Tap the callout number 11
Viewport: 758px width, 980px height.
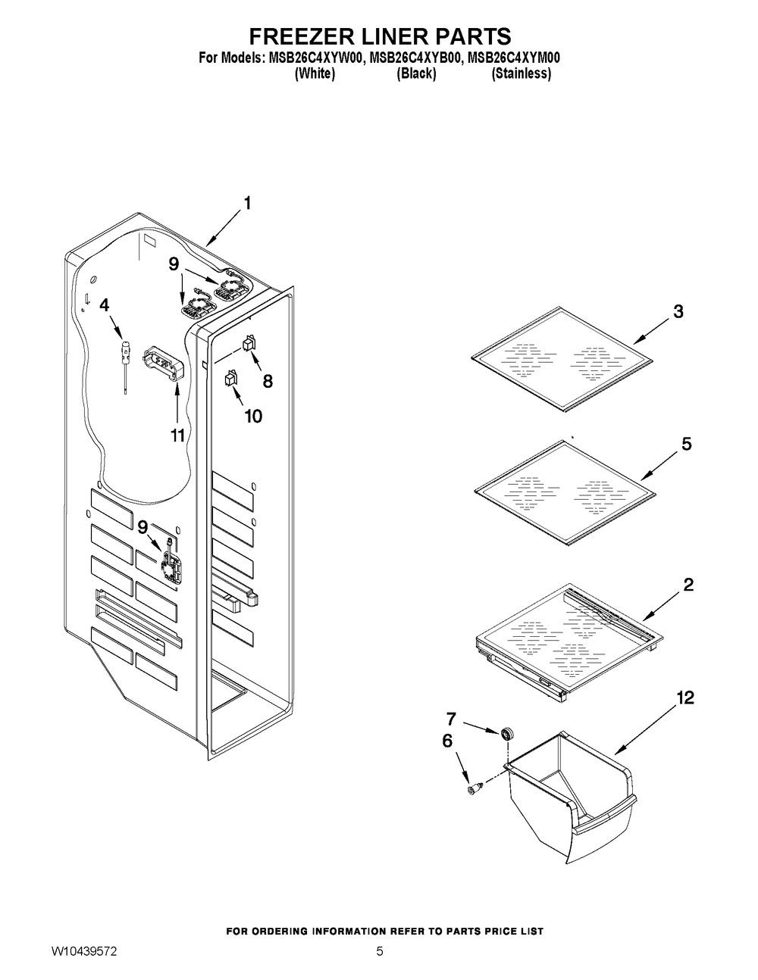(x=177, y=435)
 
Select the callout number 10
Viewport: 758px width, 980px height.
(x=252, y=416)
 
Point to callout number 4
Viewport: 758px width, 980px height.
(x=105, y=304)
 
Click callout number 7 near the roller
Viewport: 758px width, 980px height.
(x=471, y=716)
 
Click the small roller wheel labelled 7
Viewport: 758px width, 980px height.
(x=503, y=733)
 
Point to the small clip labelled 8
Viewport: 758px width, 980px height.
(x=247, y=345)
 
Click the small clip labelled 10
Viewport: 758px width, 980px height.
(x=231, y=376)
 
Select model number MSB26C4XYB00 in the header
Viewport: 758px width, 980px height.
(x=415, y=58)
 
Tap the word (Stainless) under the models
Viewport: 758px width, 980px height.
(x=521, y=73)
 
